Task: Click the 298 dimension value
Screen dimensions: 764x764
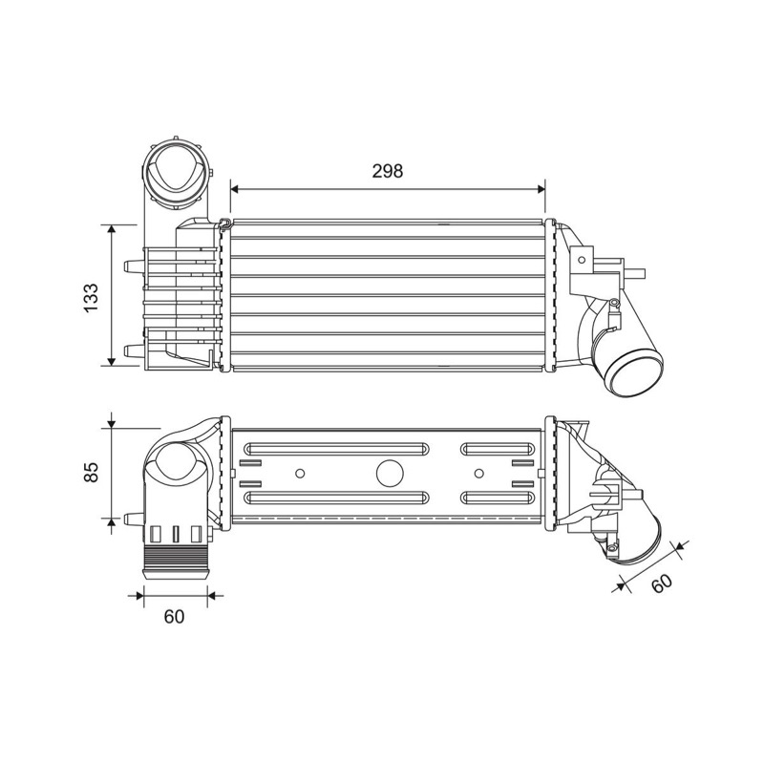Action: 388,171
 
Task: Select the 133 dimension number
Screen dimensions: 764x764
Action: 91,298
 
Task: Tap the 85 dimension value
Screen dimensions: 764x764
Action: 91,472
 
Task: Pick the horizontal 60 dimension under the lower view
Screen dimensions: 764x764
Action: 174,616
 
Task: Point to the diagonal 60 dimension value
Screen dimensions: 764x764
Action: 662,584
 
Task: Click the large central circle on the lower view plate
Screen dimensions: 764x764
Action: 391,473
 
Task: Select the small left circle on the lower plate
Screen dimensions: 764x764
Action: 300,473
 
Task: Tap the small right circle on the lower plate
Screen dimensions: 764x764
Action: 479,473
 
